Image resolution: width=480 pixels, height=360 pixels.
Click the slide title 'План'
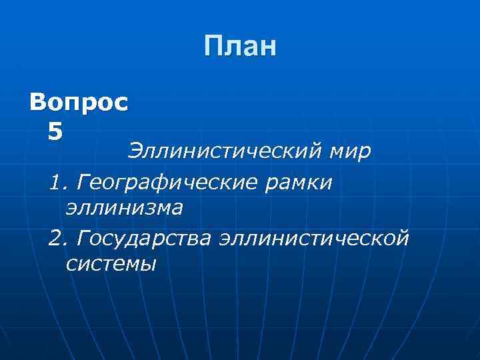click(x=240, y=47)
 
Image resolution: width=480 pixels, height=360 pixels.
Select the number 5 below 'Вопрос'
click(x=56, y=130)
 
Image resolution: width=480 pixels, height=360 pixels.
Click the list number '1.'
click(x=58, y=181)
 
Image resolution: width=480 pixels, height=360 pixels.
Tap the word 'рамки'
click(x=308, y=181)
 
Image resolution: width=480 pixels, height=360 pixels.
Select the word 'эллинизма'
click(x=124, y=208)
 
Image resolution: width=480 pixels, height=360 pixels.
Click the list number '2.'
click(x=58, y=237)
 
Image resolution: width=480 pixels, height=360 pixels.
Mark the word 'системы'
click(x=111, y=264)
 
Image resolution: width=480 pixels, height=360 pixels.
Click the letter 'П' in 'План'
click(x=215, y=47)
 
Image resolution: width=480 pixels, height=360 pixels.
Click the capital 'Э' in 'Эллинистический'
click(x=135, y=152)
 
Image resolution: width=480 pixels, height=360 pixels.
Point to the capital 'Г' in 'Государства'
click(x=83, y=237)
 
